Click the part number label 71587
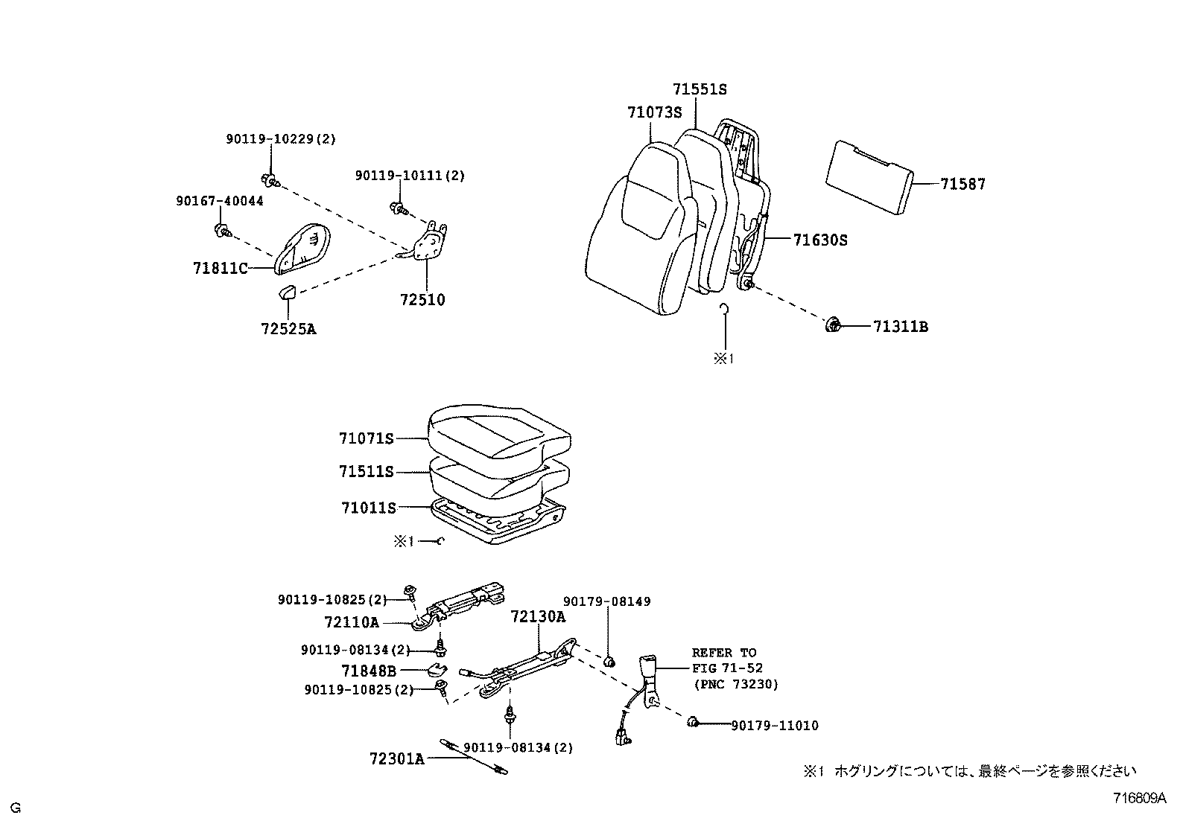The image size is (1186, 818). (x=963, y=184)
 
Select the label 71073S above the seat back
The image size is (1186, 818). (x=654, y=112)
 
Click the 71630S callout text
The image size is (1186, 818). (x=820, y=240)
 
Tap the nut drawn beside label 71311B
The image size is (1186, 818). (x=833, y=325)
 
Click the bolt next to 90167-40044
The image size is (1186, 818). (x=222, y=231)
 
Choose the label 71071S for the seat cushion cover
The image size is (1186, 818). (x=366, y=439)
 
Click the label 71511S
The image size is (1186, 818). (x=366, y=472)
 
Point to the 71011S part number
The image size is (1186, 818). (x=368, y=508)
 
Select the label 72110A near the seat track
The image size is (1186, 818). (x=352, y=622)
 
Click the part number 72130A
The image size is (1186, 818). (x=538, y=617)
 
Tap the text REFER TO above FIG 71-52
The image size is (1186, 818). (x=723, y=653)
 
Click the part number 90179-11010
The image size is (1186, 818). (x=774, y=725)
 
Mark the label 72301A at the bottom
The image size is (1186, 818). (x=396, y=758)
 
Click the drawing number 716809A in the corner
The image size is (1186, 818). (x=1139, y=799)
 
